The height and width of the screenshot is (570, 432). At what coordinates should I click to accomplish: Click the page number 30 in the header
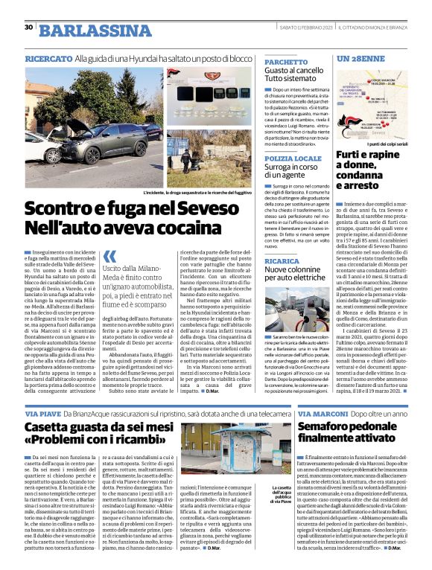point(28,28)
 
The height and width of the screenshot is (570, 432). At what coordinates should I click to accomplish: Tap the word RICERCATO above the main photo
point(48,57)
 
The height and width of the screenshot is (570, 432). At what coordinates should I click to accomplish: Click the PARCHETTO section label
point(287,63)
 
